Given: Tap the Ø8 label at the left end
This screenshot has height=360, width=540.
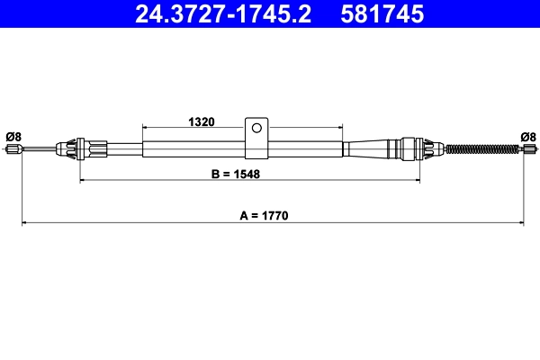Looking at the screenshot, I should pyautogui.click(x=13, y=136).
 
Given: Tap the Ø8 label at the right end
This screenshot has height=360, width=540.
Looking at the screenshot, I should pyautogui.click(x=528, y=136).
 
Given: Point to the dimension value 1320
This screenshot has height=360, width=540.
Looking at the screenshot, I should pyautogui.click(x=200, y=121).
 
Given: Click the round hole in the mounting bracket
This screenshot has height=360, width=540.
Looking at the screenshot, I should pyautogui.click(x=257, y=128).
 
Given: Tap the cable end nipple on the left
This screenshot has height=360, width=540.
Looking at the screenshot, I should pyautogui.click(x=13, y=149).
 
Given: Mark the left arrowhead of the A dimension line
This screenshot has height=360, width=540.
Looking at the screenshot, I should pyautogui.click(x=24, y=222).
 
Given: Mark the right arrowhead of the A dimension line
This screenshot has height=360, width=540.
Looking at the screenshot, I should pyautogui.click(x=522, y=222).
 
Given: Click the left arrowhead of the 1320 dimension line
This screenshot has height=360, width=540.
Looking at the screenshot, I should pyautogui.click(x=146, y=128).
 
